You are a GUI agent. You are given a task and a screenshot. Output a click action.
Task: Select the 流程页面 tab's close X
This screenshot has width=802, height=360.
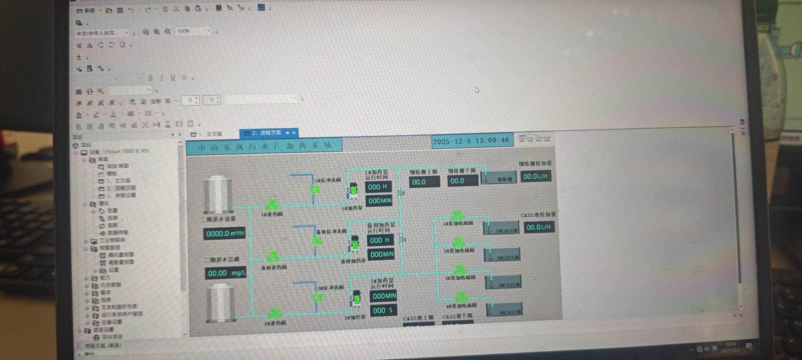294,133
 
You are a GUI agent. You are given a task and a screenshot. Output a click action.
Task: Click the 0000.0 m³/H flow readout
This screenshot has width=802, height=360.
225,233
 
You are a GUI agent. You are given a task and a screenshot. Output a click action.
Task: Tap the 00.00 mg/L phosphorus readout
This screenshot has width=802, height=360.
226,273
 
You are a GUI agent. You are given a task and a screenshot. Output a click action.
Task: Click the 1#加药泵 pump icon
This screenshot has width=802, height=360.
353,190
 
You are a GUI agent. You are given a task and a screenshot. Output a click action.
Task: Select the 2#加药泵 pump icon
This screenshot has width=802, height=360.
357,299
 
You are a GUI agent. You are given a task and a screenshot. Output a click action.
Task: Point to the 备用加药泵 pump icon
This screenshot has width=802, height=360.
355,243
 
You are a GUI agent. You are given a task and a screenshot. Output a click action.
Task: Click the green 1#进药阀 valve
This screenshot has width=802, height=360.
272,205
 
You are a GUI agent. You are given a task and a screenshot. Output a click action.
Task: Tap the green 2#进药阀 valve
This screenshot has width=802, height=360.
274,313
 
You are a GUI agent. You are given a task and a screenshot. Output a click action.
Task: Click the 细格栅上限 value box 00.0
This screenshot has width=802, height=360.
424,182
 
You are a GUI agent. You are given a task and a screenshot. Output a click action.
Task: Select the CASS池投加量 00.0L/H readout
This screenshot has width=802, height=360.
538,227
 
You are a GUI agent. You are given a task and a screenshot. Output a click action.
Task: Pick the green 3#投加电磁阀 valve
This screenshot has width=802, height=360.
460,270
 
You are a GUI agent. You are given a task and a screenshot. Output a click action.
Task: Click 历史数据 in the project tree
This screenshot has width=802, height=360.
110,285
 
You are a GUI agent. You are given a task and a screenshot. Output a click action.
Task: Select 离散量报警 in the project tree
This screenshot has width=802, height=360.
121,262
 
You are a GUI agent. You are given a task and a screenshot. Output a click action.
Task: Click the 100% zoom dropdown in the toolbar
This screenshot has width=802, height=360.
193,31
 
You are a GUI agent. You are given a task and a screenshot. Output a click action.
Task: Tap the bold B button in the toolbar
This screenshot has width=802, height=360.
151,78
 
